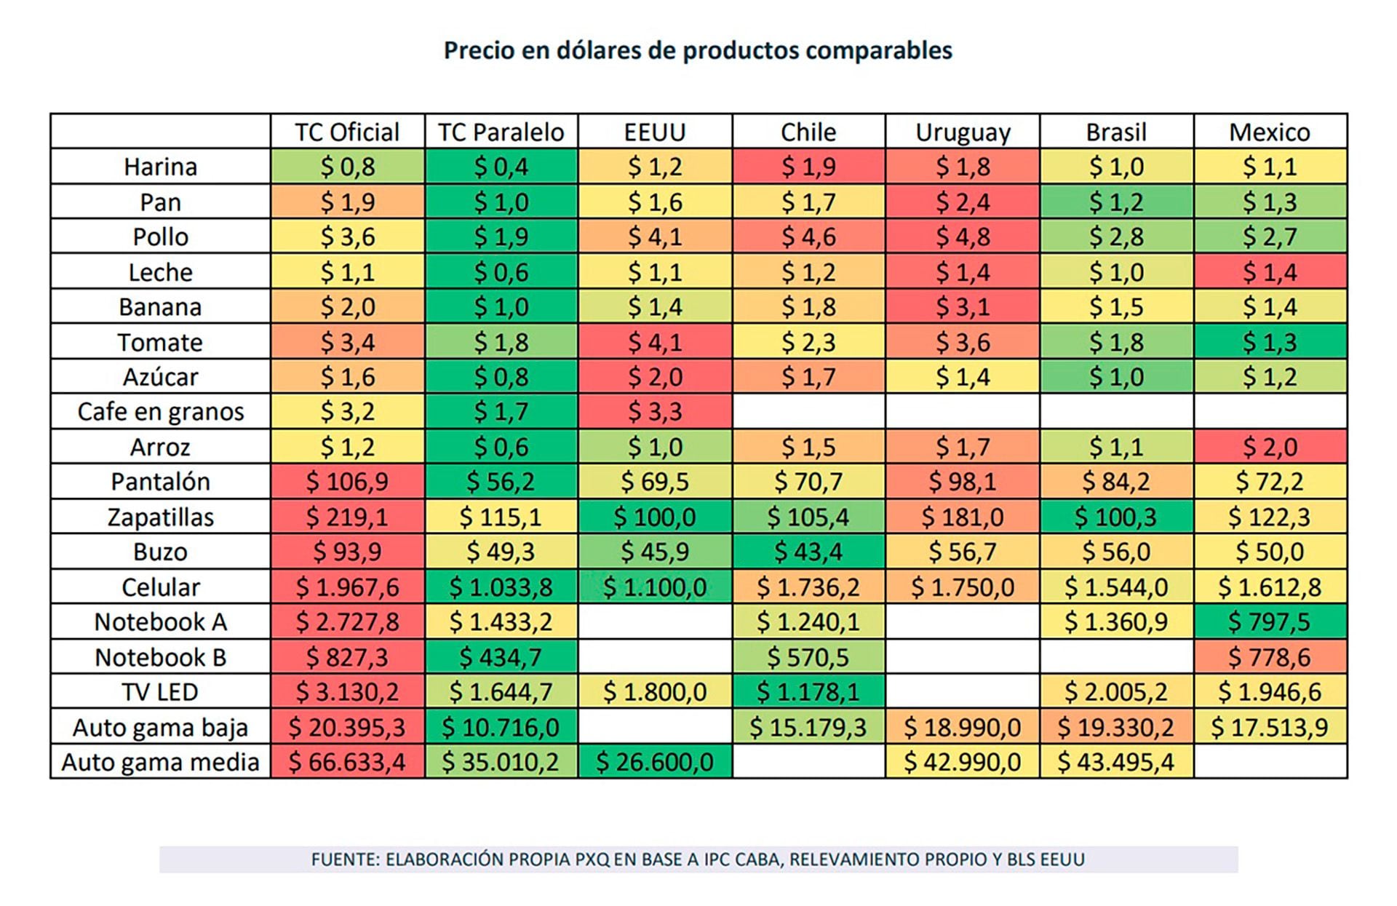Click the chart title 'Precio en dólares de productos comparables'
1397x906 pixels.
point(698,50)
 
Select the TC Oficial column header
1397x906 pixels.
point(347,132)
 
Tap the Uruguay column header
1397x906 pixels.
point(963,132)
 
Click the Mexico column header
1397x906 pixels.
point(1270,132)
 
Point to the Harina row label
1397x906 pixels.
point(160,167)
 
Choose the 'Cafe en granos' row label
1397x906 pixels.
point(160,412)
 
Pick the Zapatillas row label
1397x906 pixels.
point(160,517)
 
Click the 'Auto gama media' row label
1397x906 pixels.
point(160,762)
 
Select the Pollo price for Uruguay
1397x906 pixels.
point(963,237)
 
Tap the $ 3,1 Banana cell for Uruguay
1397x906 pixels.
point(963,306)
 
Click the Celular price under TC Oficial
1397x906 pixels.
point(347,587)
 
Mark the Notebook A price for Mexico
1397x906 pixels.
point(1270,621)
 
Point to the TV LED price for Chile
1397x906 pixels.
point(808,691)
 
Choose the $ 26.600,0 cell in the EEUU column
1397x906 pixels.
point(655,762)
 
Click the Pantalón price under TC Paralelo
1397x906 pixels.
point(501,482)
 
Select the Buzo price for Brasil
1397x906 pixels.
point(1116,552)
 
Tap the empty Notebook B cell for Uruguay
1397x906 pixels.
point(963,657)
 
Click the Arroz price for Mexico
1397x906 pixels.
point(1270,447)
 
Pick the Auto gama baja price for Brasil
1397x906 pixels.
point(1116,727)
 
